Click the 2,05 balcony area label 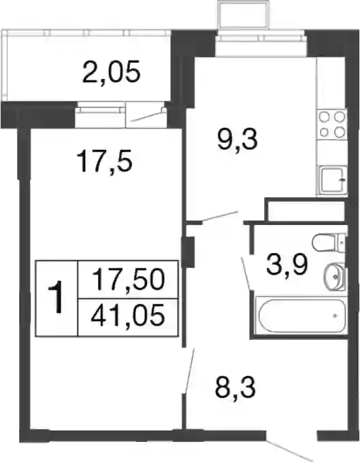(x=111, y=72)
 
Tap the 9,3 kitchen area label (x=238, y=139)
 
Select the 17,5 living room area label (x=103, y=162)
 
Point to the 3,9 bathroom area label (x=287, y=264)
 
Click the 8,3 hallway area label (x=235, y=388)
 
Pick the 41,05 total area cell (x=128, y=315)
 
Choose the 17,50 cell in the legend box (x=128, y=279)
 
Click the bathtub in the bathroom (x=301, y=315)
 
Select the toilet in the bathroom (x=329, y=243)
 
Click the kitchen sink (x=331, y=179)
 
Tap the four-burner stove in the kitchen (x=331, y=124)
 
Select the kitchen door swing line (x=220, y=216)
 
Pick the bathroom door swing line (x=247, y=273)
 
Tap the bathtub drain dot (x=336, y=315)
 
